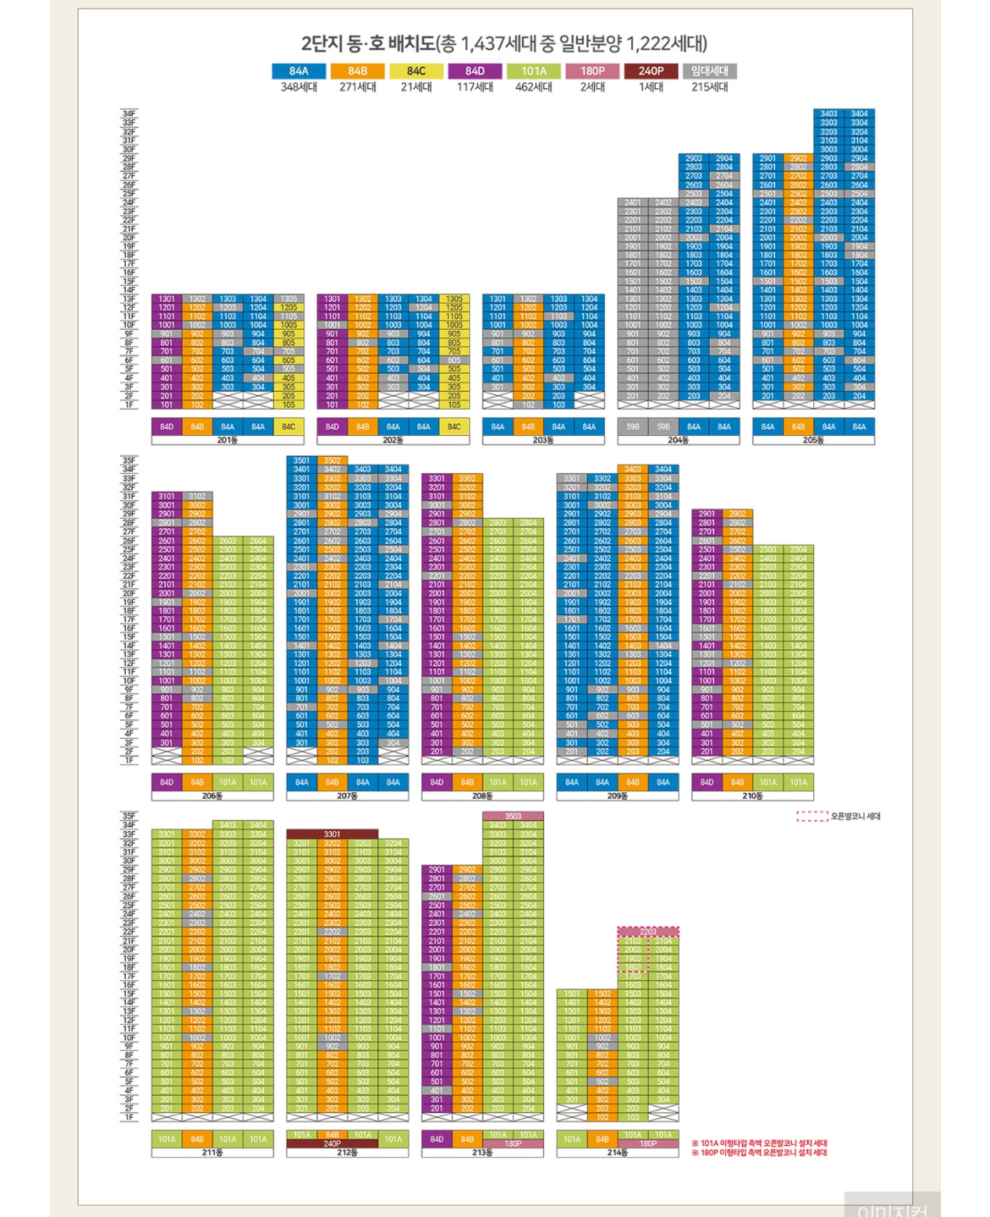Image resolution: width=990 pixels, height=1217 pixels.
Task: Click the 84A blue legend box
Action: (x=299, y=71)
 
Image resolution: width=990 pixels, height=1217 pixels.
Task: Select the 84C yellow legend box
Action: (x=416, y=71)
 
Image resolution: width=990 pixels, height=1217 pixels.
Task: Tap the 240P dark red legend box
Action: (x=651, y=71)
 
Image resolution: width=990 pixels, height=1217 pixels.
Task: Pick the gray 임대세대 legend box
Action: (x=709, y=71)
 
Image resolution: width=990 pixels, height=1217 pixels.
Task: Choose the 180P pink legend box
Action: (x=592, y=71)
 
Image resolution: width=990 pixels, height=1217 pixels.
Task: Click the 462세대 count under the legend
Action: (x=533, y=86)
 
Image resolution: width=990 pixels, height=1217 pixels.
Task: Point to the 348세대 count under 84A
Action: (x=299, y=86)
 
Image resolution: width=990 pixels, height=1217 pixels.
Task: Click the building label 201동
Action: (x=227, y=440)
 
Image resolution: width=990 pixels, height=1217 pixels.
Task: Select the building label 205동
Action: (x=813, y=440)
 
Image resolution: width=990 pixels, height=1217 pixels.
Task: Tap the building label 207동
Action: (x=347, y=796)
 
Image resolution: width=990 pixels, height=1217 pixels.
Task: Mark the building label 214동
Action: (x=618, y=1153)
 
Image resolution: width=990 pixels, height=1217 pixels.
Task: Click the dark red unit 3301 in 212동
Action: (x=332, y=834)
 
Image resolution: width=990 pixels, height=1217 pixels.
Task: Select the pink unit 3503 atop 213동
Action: (x=513, y=816)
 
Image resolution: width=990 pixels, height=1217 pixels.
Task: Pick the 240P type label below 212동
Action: (x=332, y=1143)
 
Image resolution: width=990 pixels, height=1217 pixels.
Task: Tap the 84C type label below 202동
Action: (x=454, y=427)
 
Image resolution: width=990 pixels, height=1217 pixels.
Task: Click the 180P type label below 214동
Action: (x=648, y=1143)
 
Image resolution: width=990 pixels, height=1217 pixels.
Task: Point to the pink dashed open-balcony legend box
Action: (x=812, y=817)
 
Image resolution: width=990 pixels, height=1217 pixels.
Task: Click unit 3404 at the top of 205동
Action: (x=859, y=113)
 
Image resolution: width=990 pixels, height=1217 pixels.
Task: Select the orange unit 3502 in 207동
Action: (x=332, y=460)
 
